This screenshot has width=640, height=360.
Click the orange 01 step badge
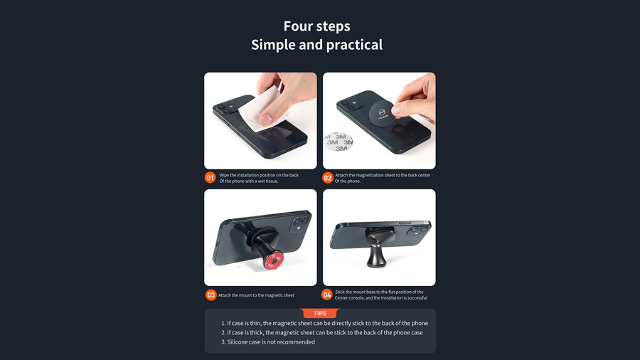(210, 178)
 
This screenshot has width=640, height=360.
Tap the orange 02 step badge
(327, 178)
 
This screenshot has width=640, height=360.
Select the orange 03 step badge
(210, 295)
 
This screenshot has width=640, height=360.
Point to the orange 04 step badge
(327, 295)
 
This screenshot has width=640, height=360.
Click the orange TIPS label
(320, 313)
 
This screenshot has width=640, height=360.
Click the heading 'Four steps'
(316, 26)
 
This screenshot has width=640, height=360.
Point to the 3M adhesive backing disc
(338, 142)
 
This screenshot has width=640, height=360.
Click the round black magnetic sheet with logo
(383, 113)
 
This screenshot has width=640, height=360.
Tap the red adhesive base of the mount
(273, 260)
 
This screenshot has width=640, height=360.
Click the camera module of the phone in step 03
(299, 223)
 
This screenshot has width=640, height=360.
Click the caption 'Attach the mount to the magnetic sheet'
(256, 295)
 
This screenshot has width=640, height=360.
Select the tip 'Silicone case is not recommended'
(268, 342)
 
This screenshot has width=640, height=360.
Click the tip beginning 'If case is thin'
(324, 323)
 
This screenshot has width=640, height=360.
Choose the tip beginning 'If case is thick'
(322, 333)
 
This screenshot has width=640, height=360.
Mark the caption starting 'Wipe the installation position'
(259, 178)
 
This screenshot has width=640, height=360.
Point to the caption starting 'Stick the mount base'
(381, 295)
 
